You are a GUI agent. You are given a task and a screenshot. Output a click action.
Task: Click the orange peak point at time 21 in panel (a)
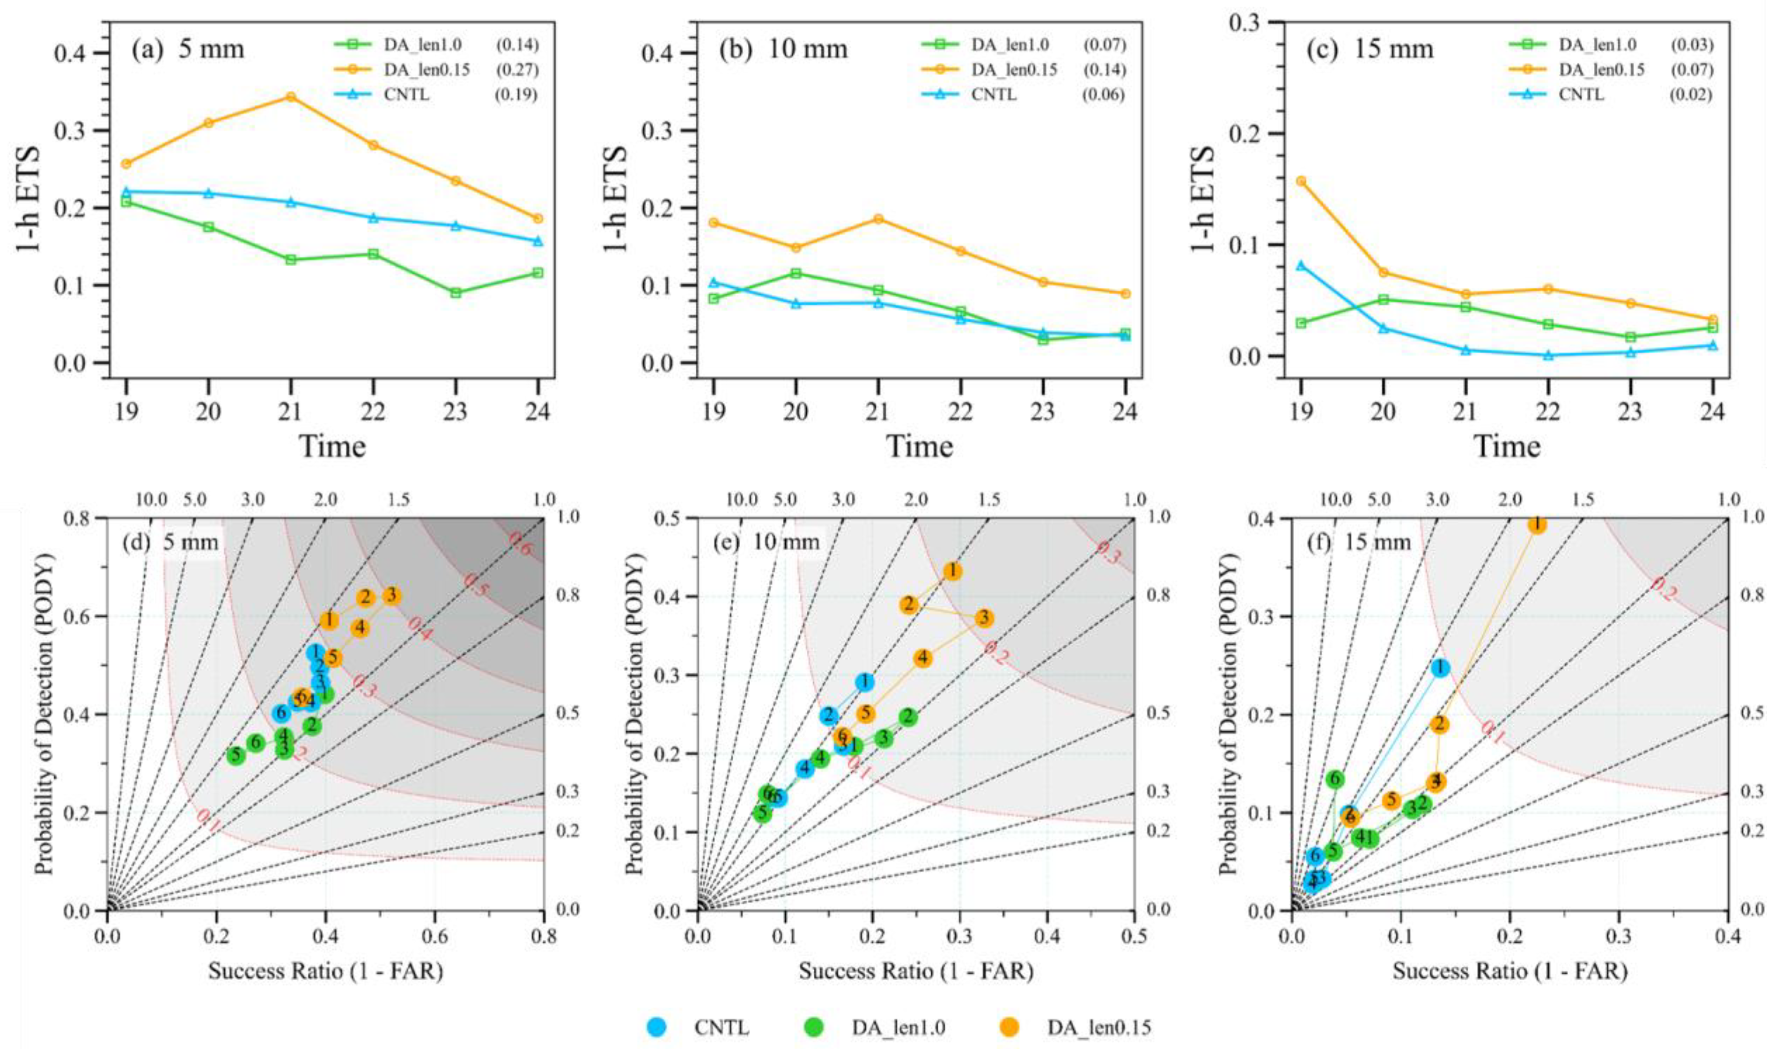tap(291, 97)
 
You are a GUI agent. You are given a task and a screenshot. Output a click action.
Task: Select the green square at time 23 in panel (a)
tap(456, 292)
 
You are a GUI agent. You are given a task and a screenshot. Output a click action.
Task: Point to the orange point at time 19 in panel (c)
tap(1301, 181)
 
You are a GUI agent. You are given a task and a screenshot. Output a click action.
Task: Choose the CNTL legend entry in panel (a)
tap(404, 94)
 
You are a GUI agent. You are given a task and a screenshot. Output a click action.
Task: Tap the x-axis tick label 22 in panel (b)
tap(960, 411)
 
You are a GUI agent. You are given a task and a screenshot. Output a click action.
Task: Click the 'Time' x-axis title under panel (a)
tap(332, 447)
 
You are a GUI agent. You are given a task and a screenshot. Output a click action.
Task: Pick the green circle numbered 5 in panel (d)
tap(236, 756)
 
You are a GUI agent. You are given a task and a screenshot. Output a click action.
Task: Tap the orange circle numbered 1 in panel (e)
tap(952, 571)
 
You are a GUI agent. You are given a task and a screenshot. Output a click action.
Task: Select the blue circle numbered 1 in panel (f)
tap(1440, 667)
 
